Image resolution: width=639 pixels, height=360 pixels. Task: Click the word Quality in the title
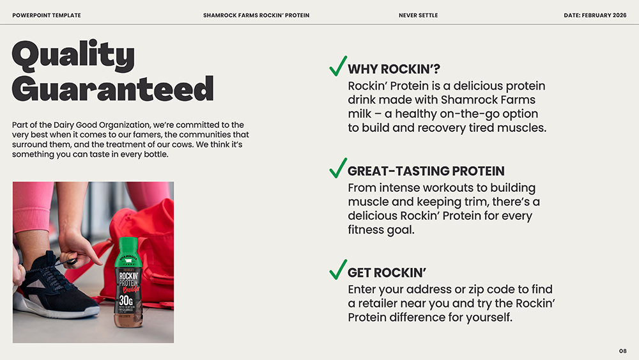(x=73, y=56)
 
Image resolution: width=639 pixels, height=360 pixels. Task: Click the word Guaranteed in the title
(x=112, y=89)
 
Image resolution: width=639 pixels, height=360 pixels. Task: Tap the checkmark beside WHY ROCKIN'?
(x=338, y=66)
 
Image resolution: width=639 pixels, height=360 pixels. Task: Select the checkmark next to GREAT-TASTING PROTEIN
(x=338, y=168)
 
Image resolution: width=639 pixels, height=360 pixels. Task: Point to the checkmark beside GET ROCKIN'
(x=338, y=269)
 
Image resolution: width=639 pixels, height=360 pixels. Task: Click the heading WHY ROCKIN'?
(x=394, y=70)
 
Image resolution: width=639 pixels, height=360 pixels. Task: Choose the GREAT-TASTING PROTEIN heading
(x=426, y=171)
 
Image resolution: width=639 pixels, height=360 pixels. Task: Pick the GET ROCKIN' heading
(x=387, y=273)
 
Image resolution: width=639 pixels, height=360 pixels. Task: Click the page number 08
(x=622, y=351)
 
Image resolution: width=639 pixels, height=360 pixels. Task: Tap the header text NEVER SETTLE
(x=418, y=15)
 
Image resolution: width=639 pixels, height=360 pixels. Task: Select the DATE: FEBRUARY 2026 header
(x=595, y=15)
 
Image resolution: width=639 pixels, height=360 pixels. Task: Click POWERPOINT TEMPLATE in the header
(x=47, y=15)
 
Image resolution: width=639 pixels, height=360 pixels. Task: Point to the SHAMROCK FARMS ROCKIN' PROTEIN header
(x=256, y=15)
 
